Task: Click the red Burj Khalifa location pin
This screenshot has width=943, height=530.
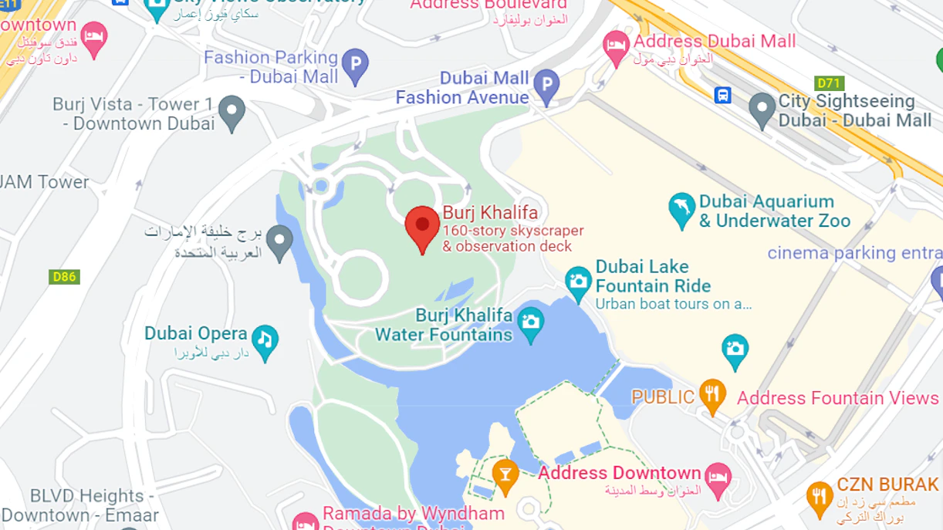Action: (422, 225)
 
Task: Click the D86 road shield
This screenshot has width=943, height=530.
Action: (64, 276)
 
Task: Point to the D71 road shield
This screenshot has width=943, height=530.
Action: (830, 83)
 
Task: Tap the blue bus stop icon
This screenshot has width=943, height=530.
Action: (723, 95)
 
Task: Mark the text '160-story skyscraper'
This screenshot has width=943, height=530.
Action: (513, 230)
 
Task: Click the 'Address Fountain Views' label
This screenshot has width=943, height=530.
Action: (837, 398)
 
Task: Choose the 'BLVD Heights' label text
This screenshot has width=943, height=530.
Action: (87, 495)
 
